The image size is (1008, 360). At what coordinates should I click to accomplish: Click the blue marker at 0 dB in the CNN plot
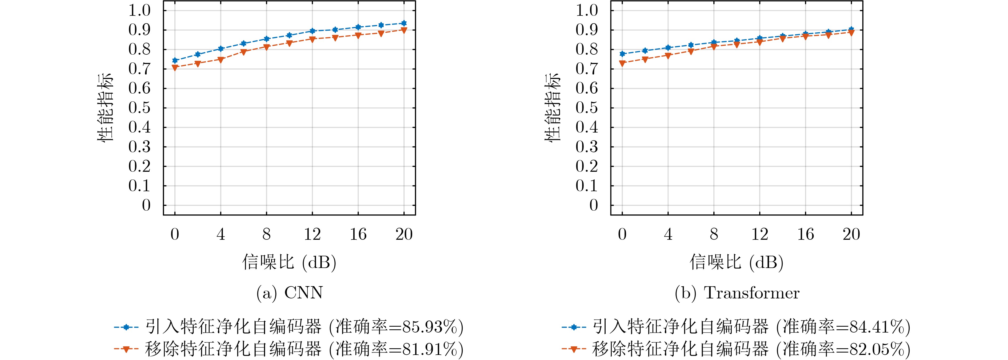pos(175,60)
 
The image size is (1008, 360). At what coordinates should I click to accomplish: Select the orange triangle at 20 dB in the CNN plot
pos(404,30)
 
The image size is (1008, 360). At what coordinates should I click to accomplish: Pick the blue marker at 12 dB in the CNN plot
pos(312,30)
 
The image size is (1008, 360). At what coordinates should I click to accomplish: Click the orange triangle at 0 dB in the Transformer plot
pos(622,63)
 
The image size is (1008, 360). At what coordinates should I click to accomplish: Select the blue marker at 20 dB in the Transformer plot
pos(851,29)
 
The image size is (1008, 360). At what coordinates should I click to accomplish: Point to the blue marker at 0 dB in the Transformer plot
pos(622,54)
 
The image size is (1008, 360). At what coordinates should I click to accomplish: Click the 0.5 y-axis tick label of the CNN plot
pos(140,108)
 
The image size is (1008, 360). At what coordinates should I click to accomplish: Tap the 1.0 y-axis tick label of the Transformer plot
pos(587,10)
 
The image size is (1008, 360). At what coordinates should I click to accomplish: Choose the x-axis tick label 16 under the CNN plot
pos(358,234)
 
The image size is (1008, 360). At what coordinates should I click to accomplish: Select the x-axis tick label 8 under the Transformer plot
pos(714,234)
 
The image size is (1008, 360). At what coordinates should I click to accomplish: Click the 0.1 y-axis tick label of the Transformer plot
pos(587,186)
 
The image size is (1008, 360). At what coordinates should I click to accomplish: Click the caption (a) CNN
pos(290,293)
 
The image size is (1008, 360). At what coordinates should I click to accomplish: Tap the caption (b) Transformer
pos(737,293)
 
